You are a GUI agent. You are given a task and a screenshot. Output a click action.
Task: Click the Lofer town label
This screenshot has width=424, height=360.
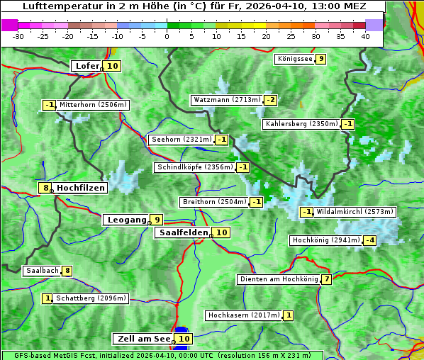[87, 66]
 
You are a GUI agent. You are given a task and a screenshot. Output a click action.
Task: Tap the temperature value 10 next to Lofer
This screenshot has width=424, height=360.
[112, 66]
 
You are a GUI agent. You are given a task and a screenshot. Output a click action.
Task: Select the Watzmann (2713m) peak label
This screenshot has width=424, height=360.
[226, 100]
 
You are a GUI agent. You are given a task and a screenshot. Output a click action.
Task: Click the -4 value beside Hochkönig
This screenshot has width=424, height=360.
[369, 240]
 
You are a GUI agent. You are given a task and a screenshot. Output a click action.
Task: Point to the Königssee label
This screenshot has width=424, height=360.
[294, 59]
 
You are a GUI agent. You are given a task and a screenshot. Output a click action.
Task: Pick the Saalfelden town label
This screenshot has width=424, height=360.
[183, 232]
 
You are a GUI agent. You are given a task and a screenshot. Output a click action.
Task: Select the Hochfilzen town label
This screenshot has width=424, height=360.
[80, 188]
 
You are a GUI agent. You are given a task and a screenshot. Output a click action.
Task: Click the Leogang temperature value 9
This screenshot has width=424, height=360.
[156, 220]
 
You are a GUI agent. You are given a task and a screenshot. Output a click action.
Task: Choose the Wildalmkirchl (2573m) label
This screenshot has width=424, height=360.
[355, 211]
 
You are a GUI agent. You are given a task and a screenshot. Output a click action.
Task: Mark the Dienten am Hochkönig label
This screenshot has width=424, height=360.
[278, 279]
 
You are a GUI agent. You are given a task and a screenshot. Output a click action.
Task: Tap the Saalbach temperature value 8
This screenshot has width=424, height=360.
[67, 271]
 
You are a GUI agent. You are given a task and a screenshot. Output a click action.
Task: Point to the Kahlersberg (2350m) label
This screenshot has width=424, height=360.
[301, 124]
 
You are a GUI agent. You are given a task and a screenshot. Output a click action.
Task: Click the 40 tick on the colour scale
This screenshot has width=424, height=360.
[365, 36]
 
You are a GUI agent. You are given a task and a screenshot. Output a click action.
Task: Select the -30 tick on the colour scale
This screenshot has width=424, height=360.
[18, 36]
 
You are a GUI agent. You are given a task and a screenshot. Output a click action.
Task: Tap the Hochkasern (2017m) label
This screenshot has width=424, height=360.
[243, 315]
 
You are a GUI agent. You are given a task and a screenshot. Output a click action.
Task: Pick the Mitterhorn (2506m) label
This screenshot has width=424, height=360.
[93, 105]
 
